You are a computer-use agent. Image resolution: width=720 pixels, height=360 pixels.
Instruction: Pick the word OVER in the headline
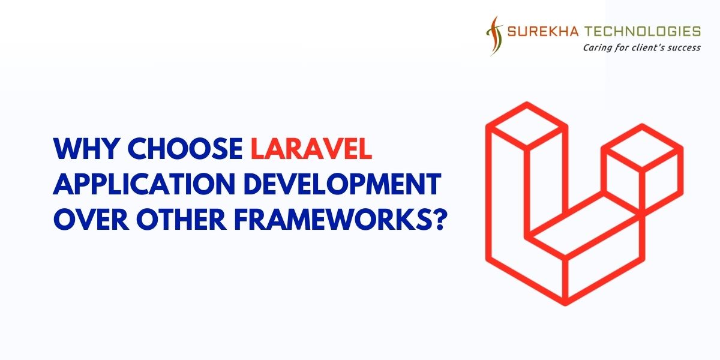pyautogui.click(x=86, y=220)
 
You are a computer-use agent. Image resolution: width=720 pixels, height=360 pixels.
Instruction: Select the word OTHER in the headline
pyautogui.click(x=167, y=220)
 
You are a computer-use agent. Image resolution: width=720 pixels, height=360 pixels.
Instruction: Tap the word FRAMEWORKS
pyautogui.click(x=322, y=220)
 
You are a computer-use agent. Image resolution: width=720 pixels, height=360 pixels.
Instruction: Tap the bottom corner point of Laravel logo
pyautogui.click(x=566, y=303)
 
